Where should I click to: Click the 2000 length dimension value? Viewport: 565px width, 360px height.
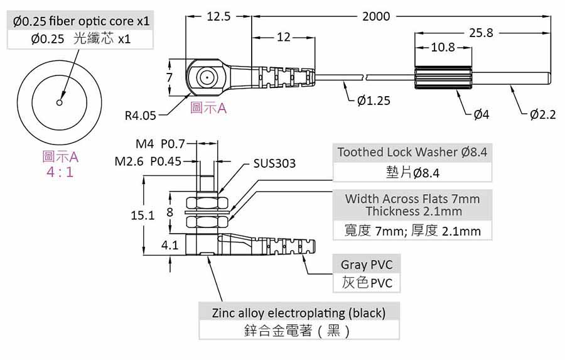375,16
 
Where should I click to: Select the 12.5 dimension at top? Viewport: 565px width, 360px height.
218,16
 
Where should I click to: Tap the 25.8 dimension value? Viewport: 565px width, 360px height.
481,32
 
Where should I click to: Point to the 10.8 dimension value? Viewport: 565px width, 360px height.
443,47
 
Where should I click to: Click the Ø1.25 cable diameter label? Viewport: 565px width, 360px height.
374,101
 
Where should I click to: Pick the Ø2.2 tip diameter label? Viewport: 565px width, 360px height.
543,114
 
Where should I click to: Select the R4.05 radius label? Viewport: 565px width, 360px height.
140,115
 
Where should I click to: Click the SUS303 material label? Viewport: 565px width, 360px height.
274,163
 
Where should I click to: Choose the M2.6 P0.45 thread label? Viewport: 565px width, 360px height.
148,161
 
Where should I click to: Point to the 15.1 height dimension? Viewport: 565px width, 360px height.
143,215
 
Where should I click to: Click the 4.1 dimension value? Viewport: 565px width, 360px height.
170,245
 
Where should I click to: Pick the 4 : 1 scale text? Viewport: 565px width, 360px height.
60,172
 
